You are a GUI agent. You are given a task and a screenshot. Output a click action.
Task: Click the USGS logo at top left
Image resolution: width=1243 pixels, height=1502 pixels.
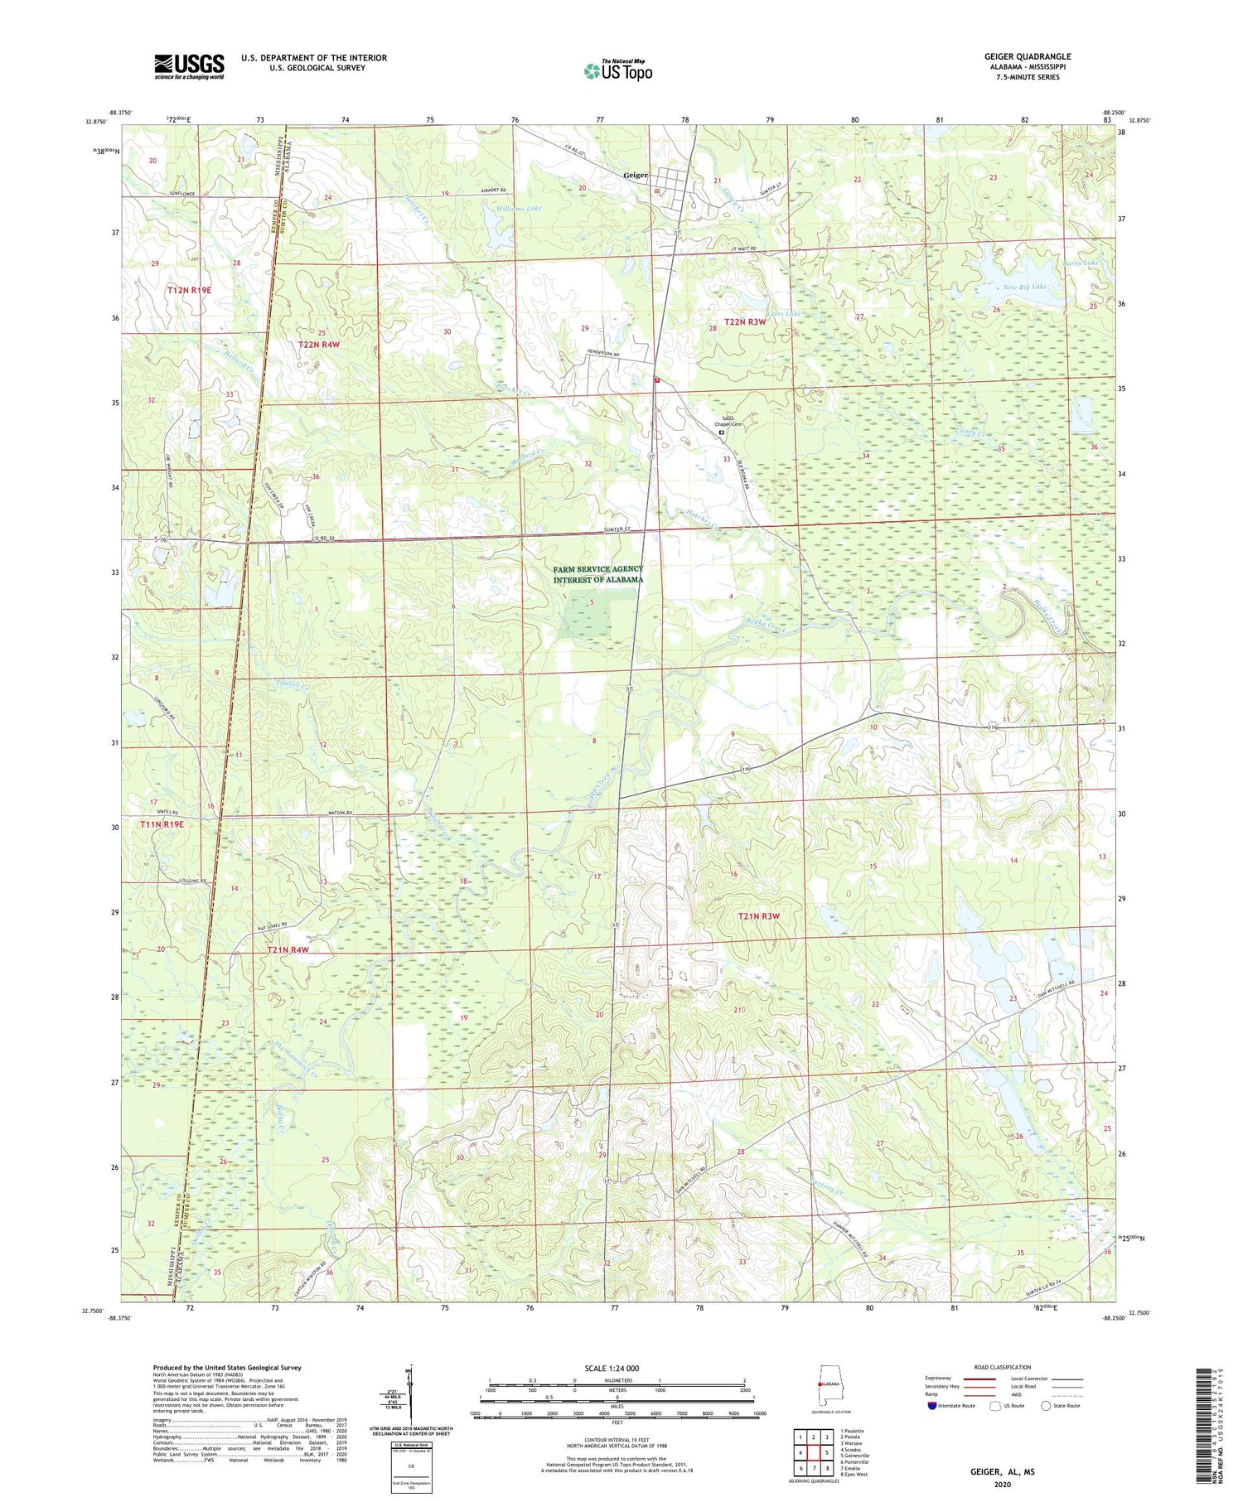(x=189, y=66)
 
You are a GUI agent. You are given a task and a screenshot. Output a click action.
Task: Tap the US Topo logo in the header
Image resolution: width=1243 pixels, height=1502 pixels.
(x=617, y=71)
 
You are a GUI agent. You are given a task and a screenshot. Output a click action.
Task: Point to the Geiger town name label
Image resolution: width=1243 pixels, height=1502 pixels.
(x=636, y=175)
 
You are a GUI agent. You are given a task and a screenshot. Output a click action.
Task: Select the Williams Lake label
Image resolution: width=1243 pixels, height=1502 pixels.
(x=519, y=209)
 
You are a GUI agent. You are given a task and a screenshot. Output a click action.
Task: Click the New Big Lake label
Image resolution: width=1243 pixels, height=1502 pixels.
(x=1024, y=287)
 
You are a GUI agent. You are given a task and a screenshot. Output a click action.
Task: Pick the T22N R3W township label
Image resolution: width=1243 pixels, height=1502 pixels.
(x=745, y=321)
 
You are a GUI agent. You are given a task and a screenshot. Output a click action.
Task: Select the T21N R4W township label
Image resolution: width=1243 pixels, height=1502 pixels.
(x=288, y=949)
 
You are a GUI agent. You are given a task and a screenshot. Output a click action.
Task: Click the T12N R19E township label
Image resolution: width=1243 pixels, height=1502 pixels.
(x=189, y=290)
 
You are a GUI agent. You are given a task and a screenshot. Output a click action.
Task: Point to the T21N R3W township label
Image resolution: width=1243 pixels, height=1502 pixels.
(x=759, y=916)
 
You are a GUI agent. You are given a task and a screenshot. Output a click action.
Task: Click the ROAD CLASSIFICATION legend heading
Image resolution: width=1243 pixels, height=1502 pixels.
(x=1003, y=1368)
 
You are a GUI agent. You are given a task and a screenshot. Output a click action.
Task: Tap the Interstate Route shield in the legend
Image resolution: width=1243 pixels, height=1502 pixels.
(x=932, y=1406)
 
